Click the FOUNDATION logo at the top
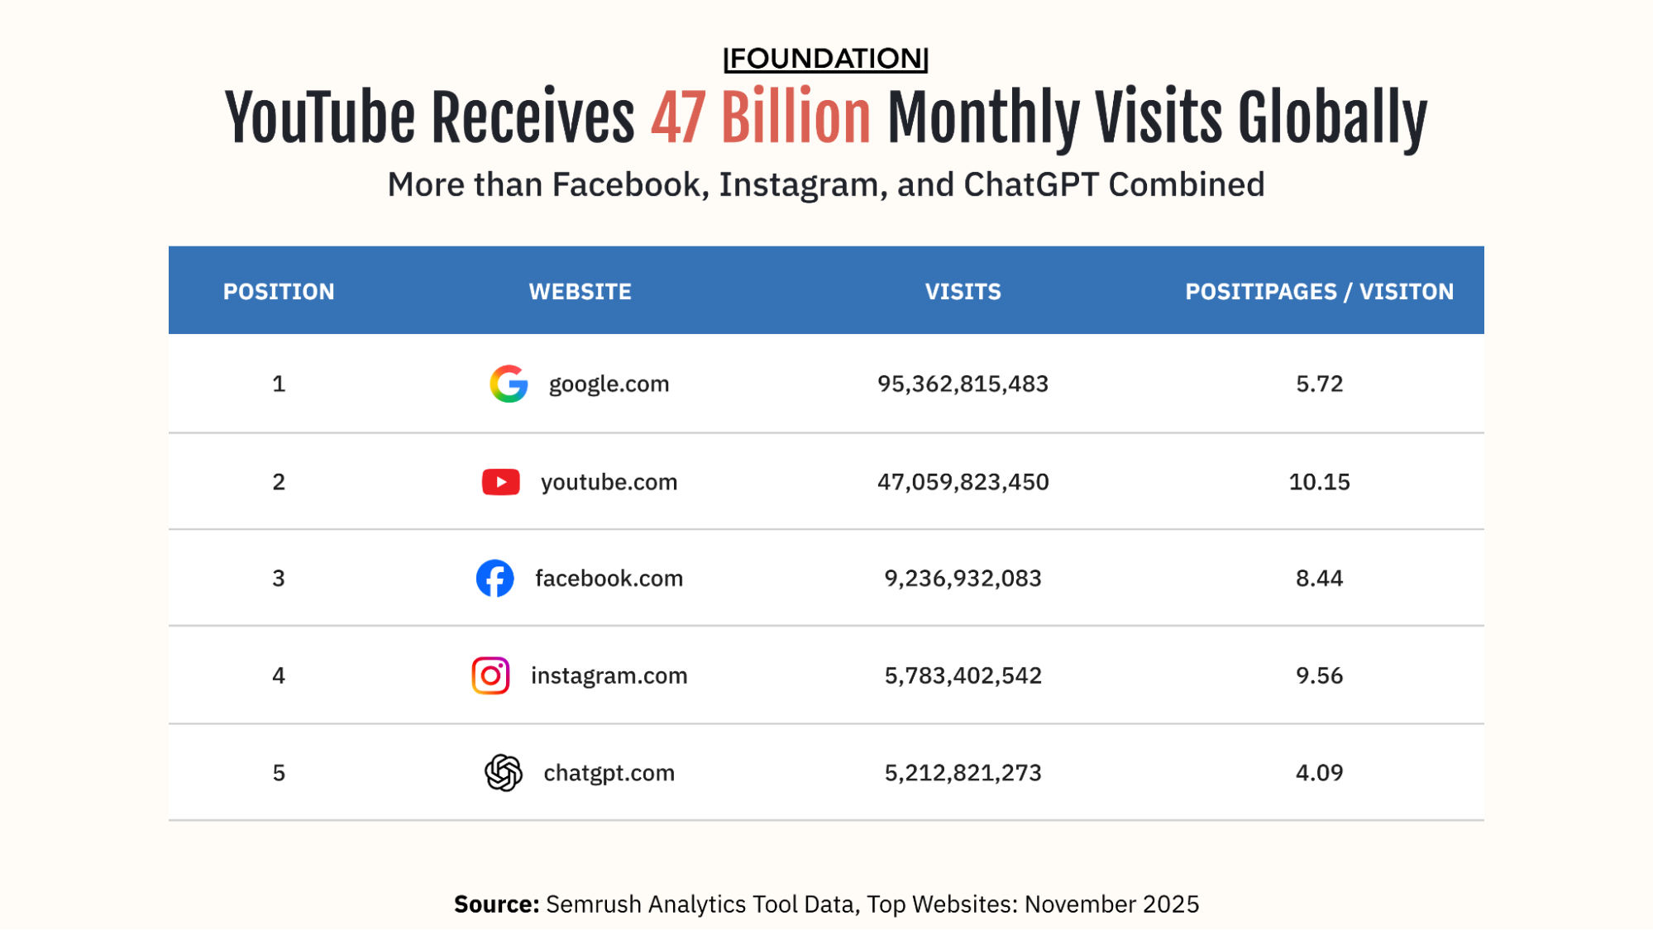click(825, 59)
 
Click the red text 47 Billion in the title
click(761, 118)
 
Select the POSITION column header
click(279, 292)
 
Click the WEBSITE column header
click(580, 292)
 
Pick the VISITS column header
click(963, 292)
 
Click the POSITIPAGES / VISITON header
click(1319, 292)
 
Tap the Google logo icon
click(509, 384)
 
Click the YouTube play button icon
click(500, 482)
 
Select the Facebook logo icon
click(494, 579)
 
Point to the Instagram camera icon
click(490, 675)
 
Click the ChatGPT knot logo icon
click(503, 773)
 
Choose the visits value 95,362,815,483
click(963, 384)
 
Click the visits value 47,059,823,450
click(963, 482)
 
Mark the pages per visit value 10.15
click(1319, 482)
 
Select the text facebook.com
click(609, 579)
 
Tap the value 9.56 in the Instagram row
click(1319, 675)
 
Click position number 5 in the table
click(279, 773)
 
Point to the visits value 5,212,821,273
click(963, 773)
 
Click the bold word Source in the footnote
click(495, 904)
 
